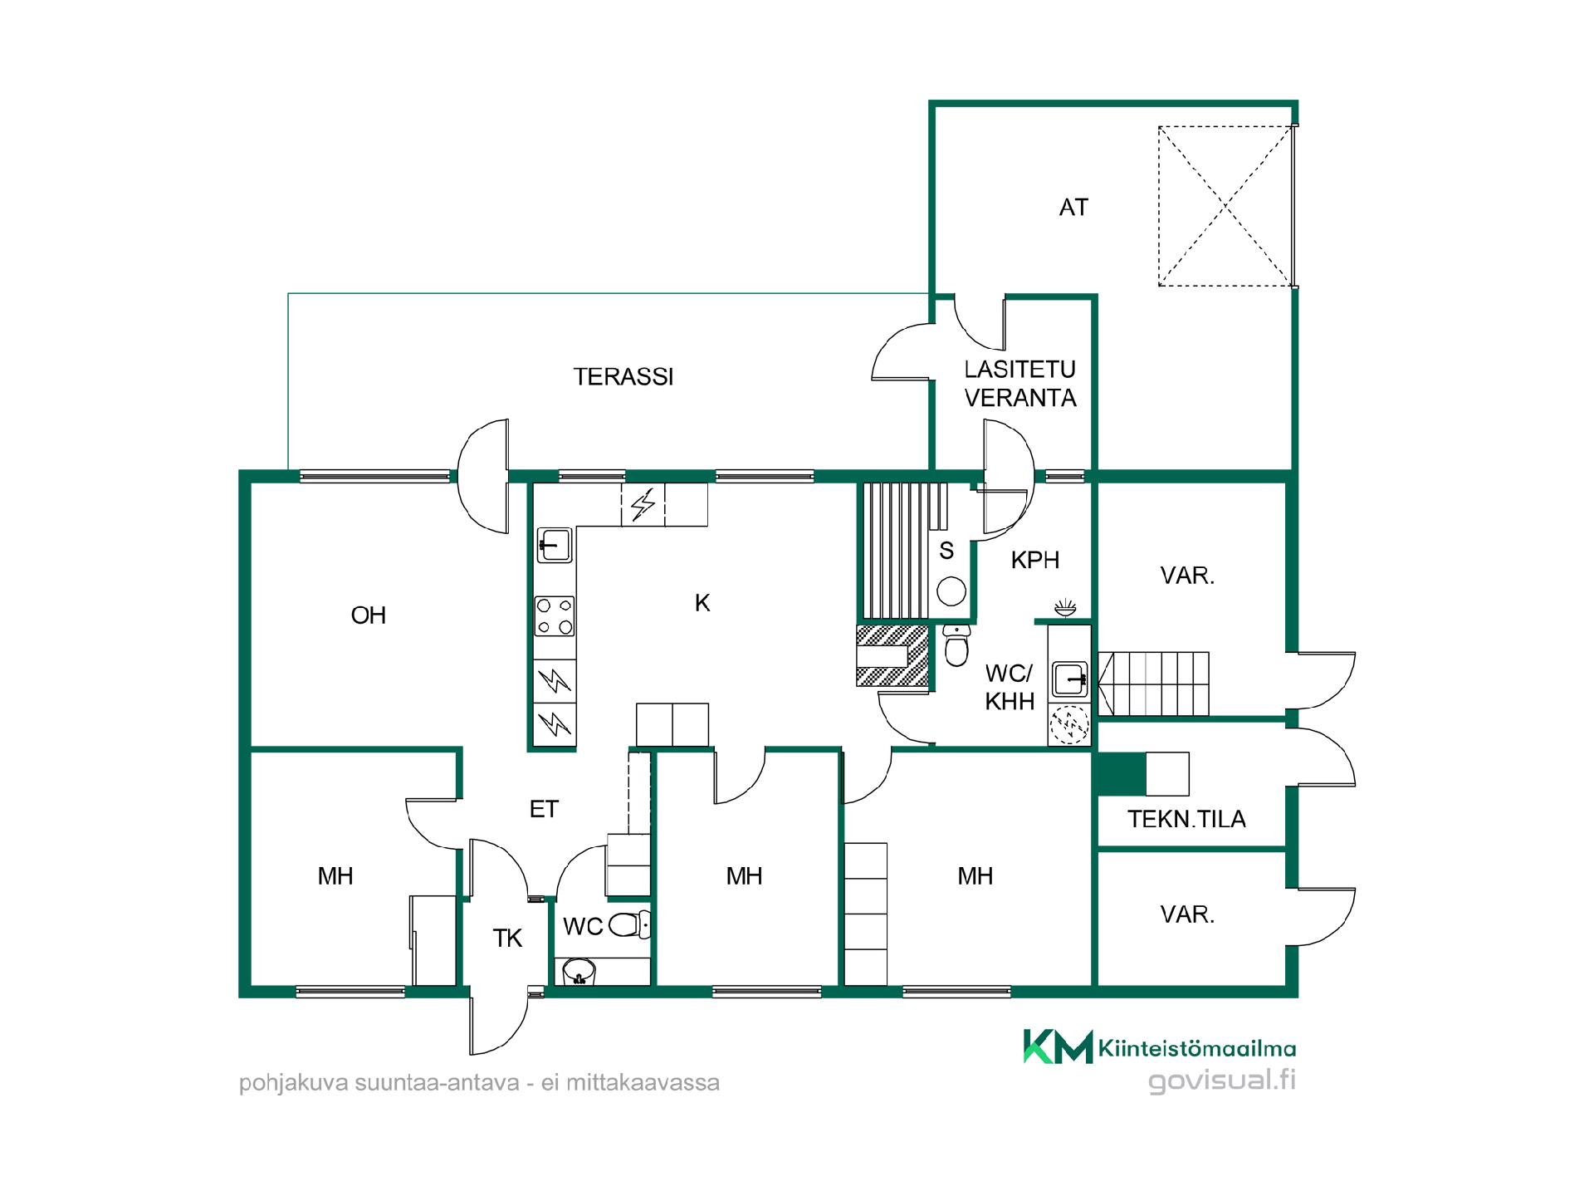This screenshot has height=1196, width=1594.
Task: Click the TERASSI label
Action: click(x=623, y=377)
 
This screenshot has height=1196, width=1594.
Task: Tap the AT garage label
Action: click(x=1073, y=208)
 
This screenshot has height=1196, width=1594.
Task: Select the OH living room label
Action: click(x=369, y=615)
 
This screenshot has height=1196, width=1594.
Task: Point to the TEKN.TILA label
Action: click(x=1186, y=819)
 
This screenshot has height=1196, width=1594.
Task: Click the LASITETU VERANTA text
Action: click(x=1020, y=384)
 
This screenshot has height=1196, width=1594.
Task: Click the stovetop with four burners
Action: click(x=555, y=616)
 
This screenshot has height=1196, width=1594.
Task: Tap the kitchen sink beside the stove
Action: click(x=555, y=545)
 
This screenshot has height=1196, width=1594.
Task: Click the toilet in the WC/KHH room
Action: click(x=956, y=645)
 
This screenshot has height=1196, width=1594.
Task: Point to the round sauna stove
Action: click(x=951, y=591)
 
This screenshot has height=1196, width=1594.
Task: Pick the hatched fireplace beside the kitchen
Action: click(x=892, y=655)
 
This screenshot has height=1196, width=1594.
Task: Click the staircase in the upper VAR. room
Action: click(x=1153, y=684)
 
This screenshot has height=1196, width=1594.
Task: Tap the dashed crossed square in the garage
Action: click(x=1225, y=206)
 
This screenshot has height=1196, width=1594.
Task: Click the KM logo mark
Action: click(x=1058, y=1046)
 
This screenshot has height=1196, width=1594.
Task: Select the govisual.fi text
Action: click(x=1222, y=1081)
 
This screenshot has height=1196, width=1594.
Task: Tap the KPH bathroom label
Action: click(x=1035, y=561)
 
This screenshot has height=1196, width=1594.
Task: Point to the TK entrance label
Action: click(x=507, y=939)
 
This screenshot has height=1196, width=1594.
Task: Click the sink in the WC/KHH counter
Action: click(x=1069, y=679)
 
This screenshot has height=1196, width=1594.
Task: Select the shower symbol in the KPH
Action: click(x=1064, y=607)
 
